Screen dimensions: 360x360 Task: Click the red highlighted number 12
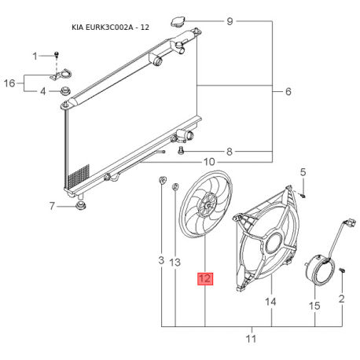pos(204,278)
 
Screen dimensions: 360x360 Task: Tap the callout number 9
pos(230,20)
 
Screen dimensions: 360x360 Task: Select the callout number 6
pos(288,92)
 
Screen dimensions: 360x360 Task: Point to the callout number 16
pos(10,83)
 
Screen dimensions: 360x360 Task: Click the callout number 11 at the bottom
pos(252,339)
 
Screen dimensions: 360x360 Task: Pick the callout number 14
pos(271,301)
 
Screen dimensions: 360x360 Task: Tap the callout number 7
pos(52,207)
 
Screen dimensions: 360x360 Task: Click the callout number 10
pos(208,162)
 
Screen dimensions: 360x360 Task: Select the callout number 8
pos(230,151)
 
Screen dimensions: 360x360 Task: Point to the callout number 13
pos(175,260)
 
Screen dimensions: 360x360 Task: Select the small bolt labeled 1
pos(57,56)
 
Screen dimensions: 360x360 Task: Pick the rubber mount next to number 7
pos(79,207)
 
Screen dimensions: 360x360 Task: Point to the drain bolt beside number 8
pos(182,149)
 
